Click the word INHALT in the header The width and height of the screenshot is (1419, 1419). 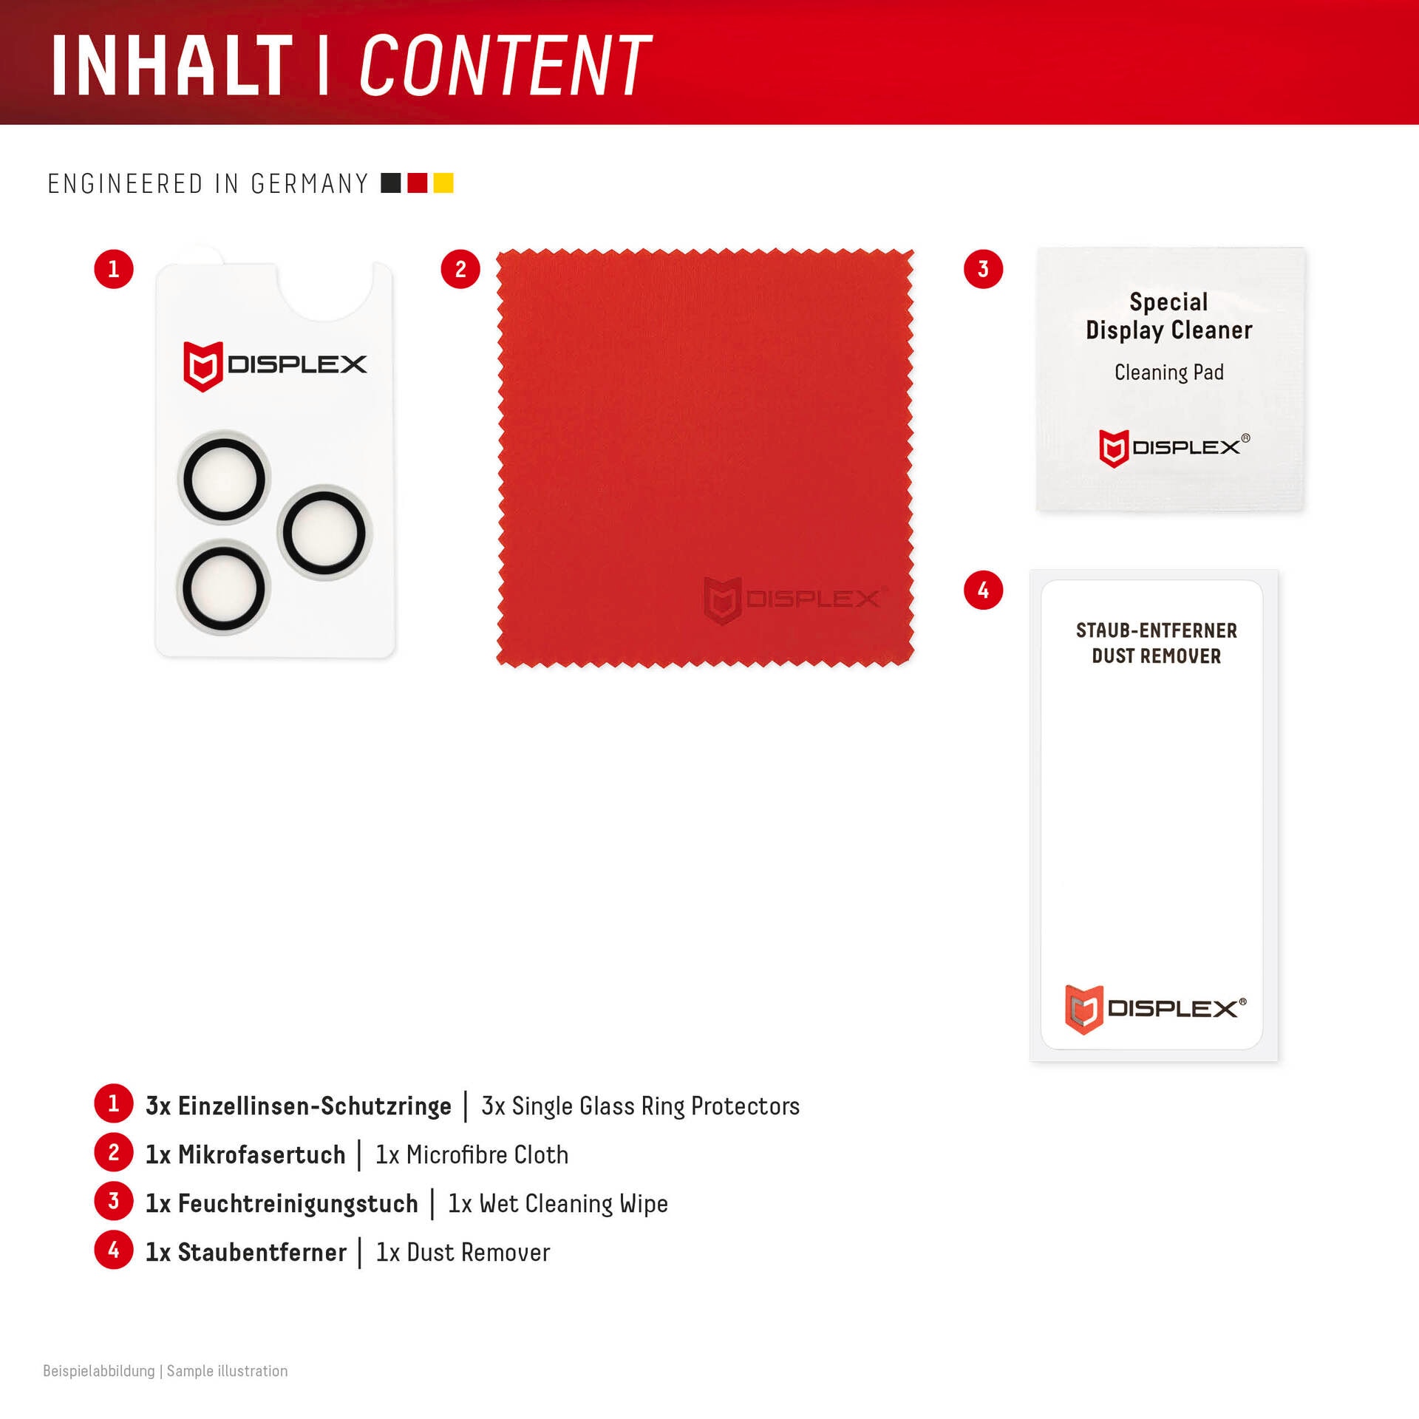[172, 65]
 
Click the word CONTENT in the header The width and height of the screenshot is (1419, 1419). [506, 65]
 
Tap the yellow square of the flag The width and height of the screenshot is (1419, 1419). [443, 183]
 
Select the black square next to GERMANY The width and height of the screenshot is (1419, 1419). [391, 183]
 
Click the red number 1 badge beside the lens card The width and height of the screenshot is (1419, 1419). [114, 269]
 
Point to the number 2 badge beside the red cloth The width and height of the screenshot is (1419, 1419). [460, 269]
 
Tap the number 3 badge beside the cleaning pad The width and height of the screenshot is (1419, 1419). [984, 269]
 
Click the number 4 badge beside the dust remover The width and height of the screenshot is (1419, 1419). [984, 590]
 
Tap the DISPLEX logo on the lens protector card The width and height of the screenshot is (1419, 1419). [275, 365]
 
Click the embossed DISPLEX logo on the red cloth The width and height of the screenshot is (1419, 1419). [795, 599]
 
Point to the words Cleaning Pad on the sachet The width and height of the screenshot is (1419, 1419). [1169, 372]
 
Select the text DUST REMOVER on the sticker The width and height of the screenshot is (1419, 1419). [1157, 656]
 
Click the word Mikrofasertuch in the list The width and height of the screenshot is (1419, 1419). [262, 1155]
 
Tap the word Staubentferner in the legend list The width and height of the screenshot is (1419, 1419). [262, 1253]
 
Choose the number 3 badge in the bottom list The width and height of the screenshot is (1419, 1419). [114, 1202]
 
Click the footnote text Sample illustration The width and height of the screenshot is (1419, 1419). [228, 1371]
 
